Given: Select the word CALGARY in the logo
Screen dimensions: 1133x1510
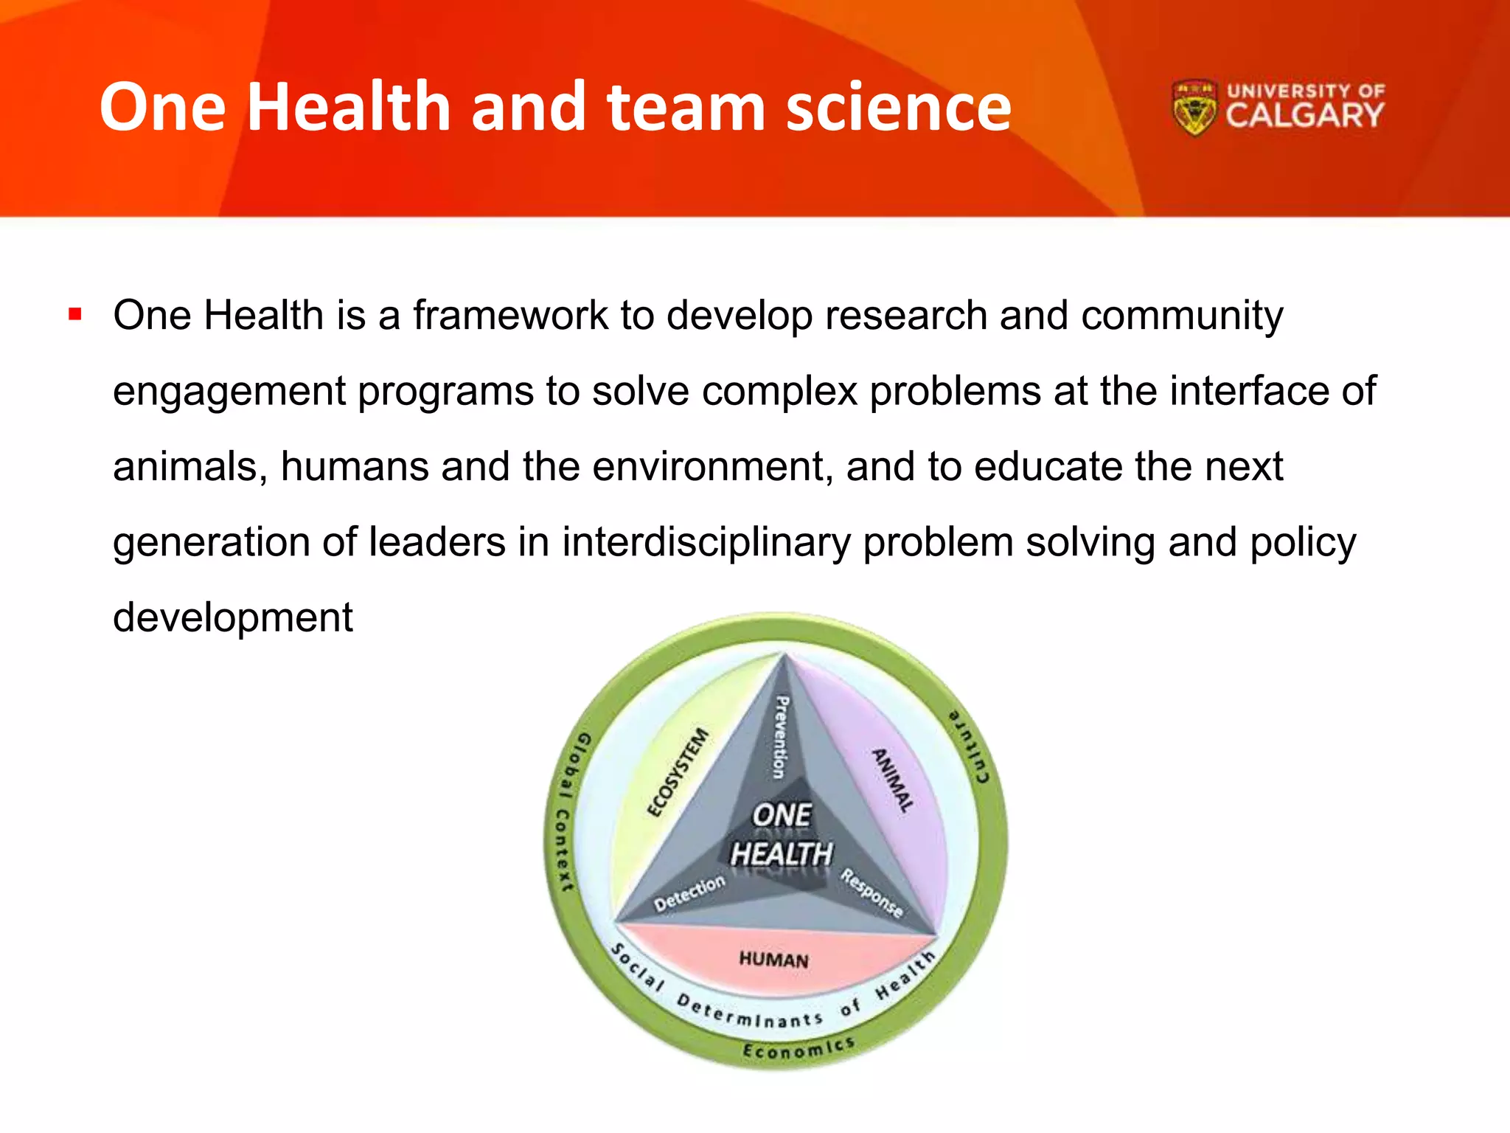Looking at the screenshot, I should click(x=1304, y=117).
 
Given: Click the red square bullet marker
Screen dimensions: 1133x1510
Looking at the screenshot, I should click(x=74, y=315).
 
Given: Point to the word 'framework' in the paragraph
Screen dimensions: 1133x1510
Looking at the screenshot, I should click(x=510, y=316).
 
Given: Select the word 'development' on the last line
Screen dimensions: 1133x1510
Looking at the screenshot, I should click(x=232, y=617).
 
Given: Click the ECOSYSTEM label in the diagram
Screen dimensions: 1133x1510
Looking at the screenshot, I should click(x=678, y=772).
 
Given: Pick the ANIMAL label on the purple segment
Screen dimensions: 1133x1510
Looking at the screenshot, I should click(x=893, y=780).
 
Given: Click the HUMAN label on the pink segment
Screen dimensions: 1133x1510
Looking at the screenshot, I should click(x=773, y=960).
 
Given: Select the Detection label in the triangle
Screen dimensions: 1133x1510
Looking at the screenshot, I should click(x=689, y=893).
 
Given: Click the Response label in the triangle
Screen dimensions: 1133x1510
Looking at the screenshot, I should click(x=871, y=893).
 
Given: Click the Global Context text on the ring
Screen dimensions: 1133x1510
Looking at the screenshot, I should click(x=568, y=811).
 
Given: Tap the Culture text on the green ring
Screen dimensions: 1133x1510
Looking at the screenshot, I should click(x=970, y=745).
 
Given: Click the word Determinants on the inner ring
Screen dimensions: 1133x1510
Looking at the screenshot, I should click(x=749, y=1014).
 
